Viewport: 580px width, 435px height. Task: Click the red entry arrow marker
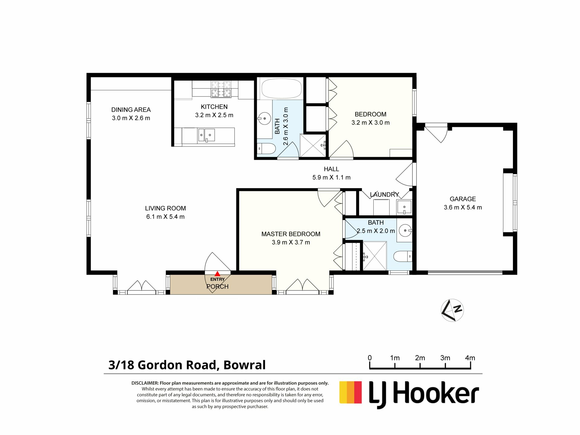coord(217,274)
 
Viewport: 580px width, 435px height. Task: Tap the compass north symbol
coord(452,310)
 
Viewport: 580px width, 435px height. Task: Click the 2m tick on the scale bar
coord(420,366)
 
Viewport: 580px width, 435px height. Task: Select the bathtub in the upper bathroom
coord(281,88)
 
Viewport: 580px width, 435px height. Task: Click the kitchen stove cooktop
coord(221,89)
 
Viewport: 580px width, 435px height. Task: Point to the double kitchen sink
coord(207,135)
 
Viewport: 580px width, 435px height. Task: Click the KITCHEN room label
coord(214,107)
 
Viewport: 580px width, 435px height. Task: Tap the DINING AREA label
coord(131,110)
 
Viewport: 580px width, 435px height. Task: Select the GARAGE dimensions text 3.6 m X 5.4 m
coord(462,208)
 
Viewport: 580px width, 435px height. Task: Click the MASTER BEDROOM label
coord(291,234)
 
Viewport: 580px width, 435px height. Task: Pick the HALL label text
coord(331,169)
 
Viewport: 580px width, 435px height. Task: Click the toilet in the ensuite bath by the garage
coord(403,256)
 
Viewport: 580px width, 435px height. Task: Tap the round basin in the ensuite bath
coord(405,230)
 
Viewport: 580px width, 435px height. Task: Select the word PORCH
coord(217,286)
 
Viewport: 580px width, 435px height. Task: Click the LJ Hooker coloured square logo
coord(350,392)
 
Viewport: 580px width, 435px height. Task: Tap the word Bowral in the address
coord(244,365)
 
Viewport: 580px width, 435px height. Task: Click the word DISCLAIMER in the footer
coord(145,383)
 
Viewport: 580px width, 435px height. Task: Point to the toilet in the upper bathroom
coord(267,149)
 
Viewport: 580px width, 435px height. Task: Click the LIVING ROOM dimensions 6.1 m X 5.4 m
coord(165,217)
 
